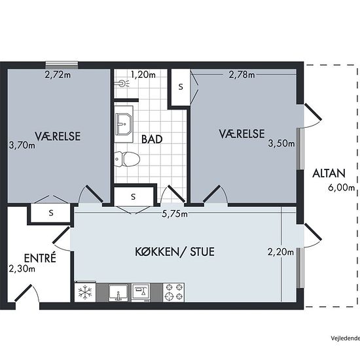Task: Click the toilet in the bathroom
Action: point(127,159)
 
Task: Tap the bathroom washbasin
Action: point(124,124)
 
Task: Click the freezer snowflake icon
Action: point(85,293)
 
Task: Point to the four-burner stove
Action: point(173,293)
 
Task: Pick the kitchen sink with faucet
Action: point(118,293)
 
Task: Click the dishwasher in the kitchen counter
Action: point(141,293)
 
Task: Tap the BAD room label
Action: point(152,139)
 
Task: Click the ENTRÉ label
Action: point(40,258)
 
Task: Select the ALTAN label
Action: point(329,173)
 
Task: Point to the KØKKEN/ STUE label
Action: point(175,251)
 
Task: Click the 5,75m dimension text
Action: point(175,214)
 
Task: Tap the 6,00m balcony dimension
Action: point(342,188)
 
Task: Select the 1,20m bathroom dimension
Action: point(143,75)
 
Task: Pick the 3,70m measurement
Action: point(22,145)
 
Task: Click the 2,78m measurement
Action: point(242,75)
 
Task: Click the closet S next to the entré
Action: point(51,213)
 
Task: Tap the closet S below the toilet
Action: point(133,196)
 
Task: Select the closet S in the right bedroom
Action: point(181,87)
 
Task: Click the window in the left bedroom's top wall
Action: point(62,65)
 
